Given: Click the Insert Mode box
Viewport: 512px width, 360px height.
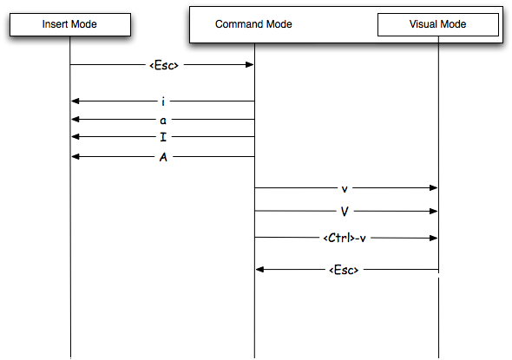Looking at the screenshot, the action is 70,24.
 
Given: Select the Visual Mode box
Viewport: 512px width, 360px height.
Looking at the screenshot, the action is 438,24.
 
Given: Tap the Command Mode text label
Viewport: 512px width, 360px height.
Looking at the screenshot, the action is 253,24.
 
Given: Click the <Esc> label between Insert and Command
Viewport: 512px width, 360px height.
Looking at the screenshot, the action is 164,65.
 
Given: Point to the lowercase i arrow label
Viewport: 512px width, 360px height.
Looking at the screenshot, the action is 163,101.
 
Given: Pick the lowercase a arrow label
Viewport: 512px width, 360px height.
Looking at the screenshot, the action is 163,121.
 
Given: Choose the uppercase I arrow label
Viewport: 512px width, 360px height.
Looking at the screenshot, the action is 163,137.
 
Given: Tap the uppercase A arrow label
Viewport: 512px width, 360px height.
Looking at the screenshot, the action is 163,157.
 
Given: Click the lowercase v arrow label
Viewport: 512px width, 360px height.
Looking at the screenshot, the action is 345,189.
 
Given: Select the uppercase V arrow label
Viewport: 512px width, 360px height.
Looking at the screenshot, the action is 345,212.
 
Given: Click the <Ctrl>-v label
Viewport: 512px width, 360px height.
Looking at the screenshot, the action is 345,238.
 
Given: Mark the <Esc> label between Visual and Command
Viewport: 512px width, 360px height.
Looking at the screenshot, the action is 344,270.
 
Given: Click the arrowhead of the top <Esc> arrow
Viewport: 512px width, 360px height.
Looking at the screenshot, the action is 249,64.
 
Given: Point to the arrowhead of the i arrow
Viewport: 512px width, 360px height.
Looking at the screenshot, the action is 75,101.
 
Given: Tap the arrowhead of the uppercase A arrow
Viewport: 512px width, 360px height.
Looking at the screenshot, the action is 75,157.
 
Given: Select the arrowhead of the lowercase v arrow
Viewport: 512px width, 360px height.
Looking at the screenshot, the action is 433,187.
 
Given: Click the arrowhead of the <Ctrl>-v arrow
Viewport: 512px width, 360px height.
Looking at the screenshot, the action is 433,238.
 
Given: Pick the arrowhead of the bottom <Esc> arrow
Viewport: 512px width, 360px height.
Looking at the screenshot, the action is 260,269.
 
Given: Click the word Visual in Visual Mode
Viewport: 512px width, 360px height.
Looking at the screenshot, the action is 423,24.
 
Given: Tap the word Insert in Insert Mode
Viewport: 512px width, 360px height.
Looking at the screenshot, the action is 56,24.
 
